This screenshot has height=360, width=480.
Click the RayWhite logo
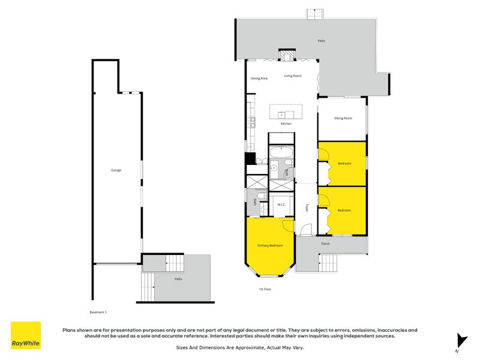[26, 335]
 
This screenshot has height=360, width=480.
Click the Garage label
[116, 170]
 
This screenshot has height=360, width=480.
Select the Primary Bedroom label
[269, 245]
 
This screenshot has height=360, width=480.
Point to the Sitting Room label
[343, 118]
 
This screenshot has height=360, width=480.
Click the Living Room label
[293, 76]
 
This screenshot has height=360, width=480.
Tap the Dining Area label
[259, 79]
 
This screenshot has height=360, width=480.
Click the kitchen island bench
[286, 112]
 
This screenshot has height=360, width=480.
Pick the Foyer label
[306, 208]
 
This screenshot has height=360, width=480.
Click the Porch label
[325, 244]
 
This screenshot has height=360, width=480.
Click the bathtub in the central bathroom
[280, 152]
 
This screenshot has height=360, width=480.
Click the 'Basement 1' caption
[97, 312]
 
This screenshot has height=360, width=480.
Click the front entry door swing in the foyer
[306, 229]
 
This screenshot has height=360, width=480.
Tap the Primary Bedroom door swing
[288, 224]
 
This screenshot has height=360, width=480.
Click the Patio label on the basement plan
[178, 279]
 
